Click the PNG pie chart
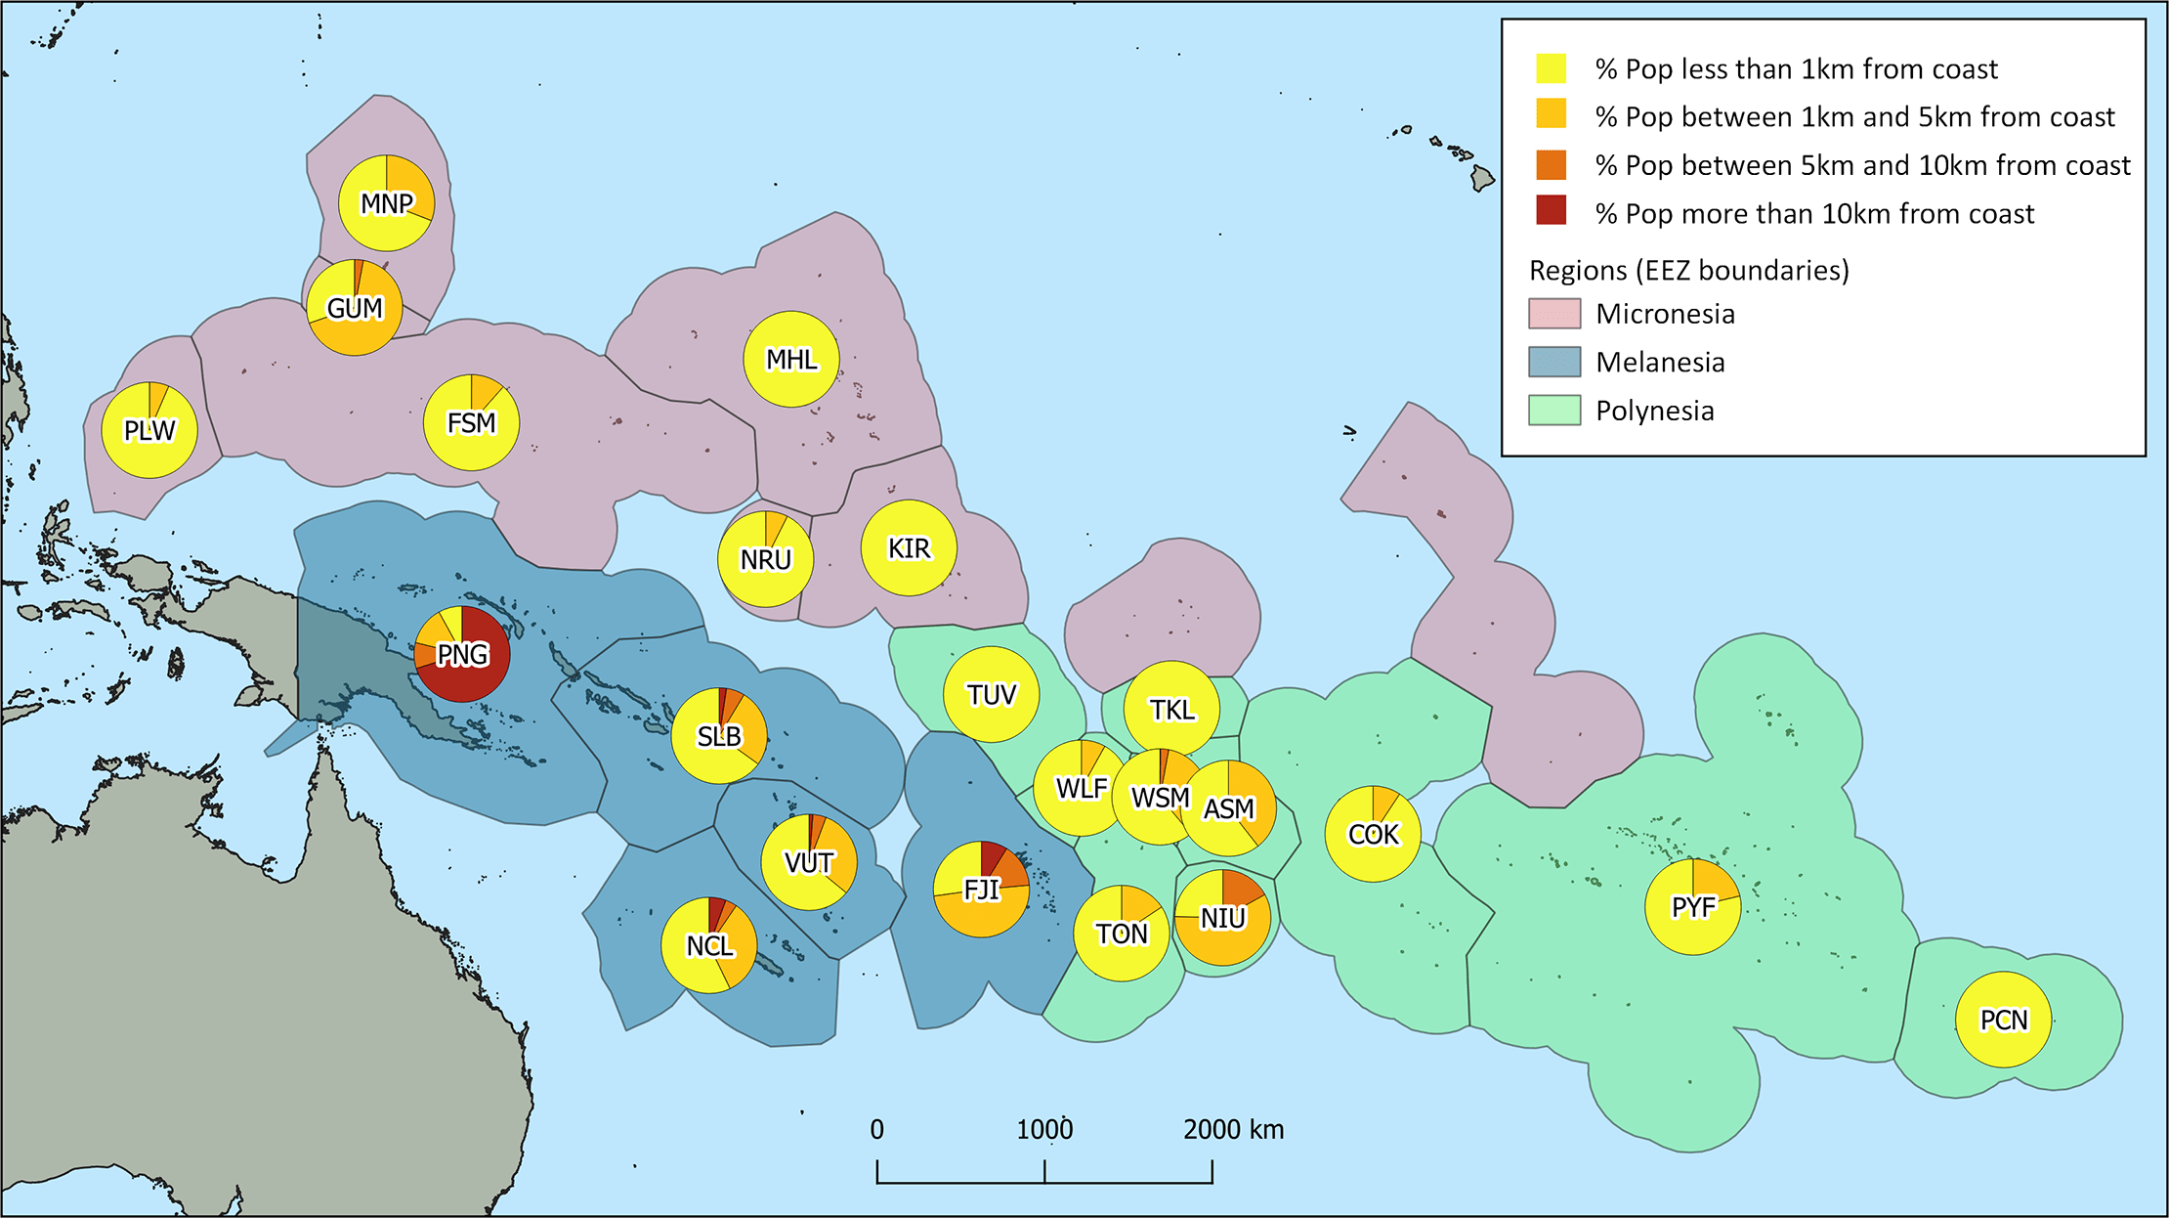[462, 654]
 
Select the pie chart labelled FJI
[981, 889]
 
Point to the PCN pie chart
[2003, 1020]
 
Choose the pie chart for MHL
[791, 359]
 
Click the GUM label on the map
[355, 308]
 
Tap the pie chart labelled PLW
[149, 430]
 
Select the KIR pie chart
[909, 547]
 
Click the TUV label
[992, 695]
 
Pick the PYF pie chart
[1692, 906]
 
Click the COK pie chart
[1373, 834]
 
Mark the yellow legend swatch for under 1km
[1551, 68]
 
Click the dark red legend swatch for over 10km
[1551, 211]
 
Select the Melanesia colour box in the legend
[1553, 362]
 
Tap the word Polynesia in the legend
[1654, 411]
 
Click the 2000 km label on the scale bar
[1233, 1130]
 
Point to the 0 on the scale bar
[876, 1130]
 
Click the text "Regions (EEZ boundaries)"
[1688, 270]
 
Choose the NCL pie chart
[709, 945]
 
